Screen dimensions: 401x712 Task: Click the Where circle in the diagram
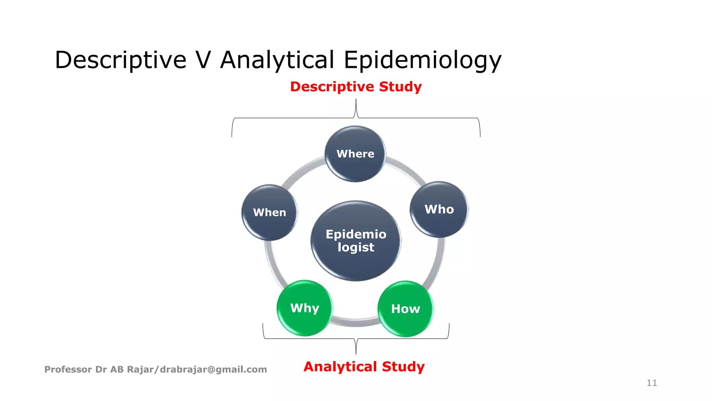pos(355,154)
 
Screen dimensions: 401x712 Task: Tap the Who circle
pos(439,209)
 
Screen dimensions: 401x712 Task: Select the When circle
pos(269,212)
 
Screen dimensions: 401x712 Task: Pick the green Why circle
pos(305,308)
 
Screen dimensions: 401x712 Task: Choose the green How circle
pos(405,309)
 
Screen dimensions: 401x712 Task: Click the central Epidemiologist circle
pos(356,241)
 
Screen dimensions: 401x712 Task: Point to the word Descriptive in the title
pos(121,60)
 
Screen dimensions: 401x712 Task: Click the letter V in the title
pos(203,60)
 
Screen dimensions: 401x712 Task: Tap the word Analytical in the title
pos(277,60)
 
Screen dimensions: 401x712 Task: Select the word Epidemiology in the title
pos(422,60)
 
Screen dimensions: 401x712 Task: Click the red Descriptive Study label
pos(356,87)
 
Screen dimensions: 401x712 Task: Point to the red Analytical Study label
pos(364,367)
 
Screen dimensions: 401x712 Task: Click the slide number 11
pos(652,383)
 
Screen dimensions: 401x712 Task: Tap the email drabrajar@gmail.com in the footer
pos(213,369)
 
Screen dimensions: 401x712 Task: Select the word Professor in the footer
pos(68,369)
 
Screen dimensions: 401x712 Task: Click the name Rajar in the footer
pos(140,369)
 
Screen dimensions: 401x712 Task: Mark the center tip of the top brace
pos(356,100)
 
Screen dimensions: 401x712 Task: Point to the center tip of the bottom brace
pos(356,353)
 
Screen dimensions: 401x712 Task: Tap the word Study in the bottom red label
pos(403,367)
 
